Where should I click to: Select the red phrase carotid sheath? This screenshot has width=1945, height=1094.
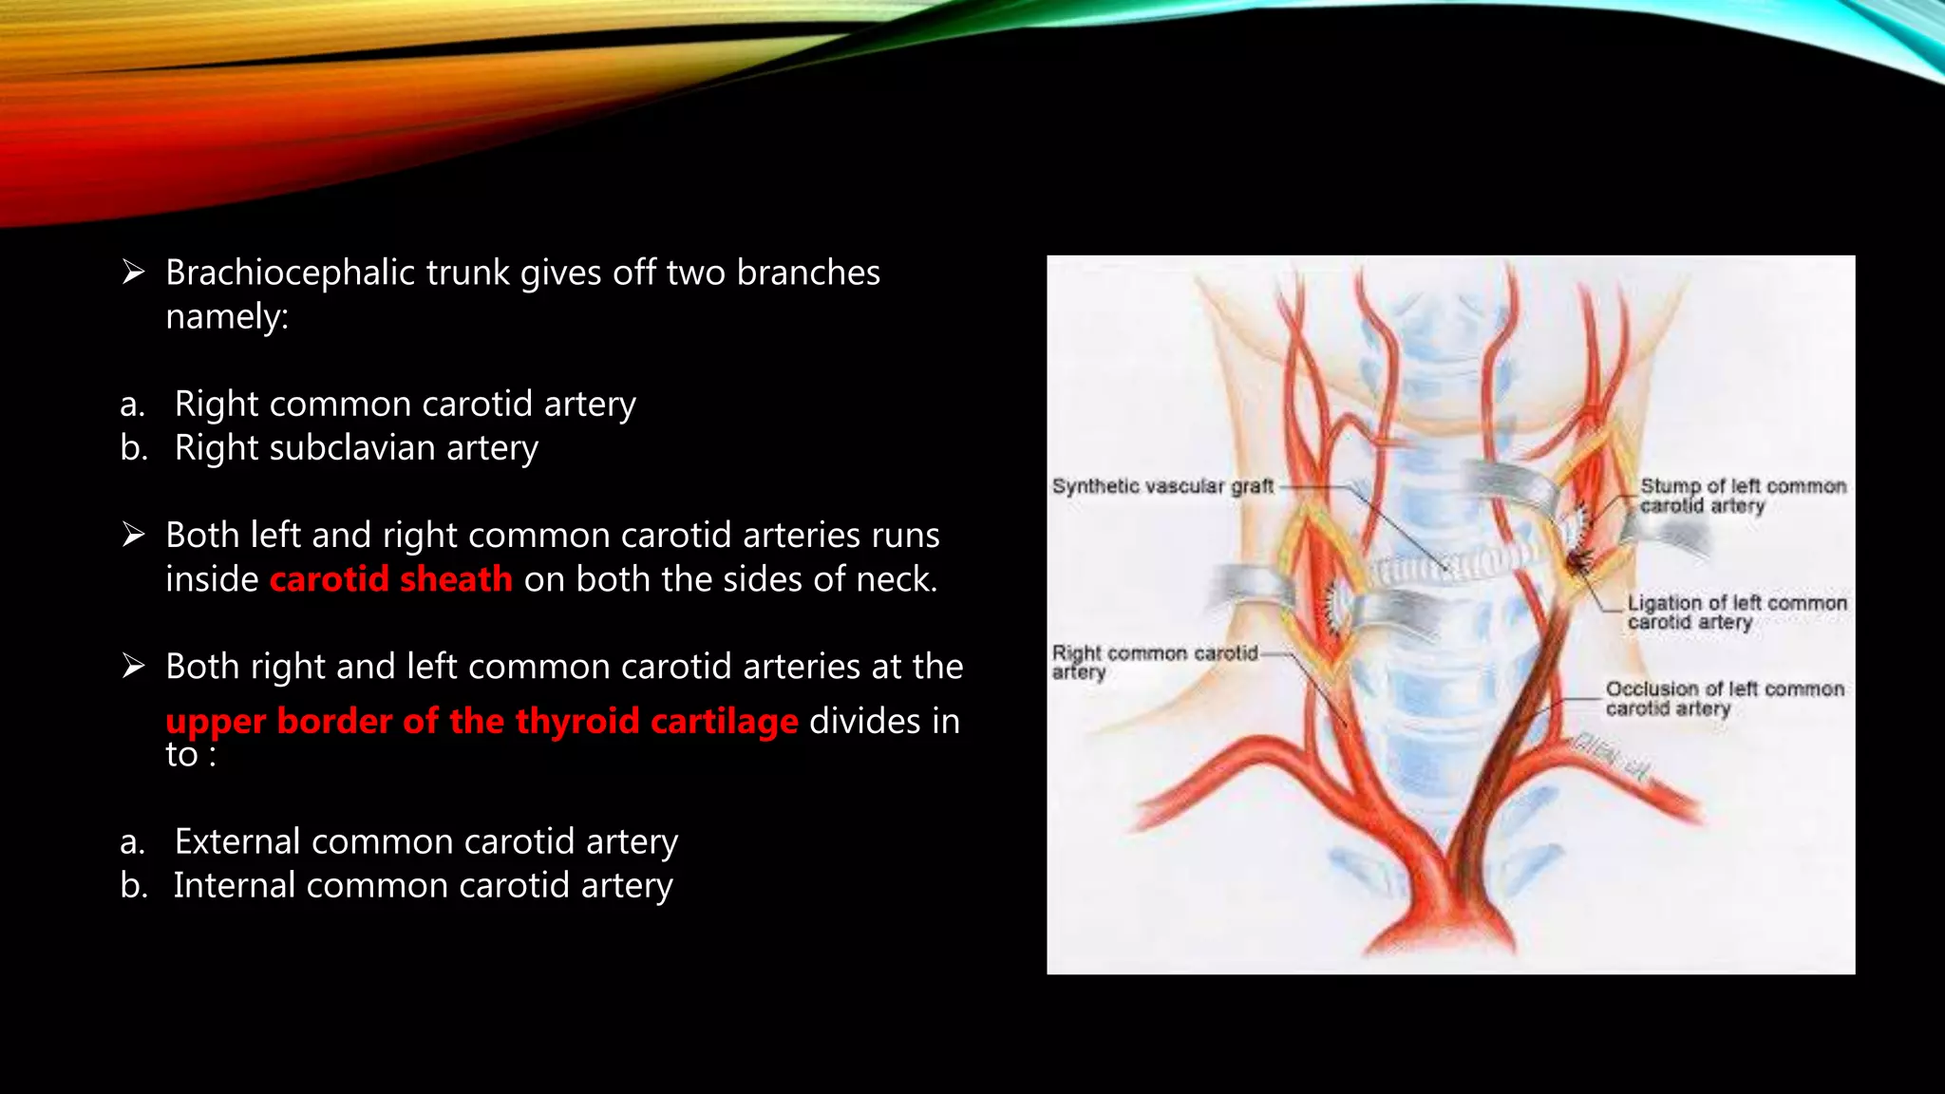coord(390,579)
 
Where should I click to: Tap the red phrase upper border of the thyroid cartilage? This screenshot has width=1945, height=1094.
coord(482,721)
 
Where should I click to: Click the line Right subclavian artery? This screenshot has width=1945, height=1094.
coord(356,448)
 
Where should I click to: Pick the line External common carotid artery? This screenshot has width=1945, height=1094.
coord(425,842)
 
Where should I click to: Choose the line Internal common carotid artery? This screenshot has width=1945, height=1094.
coord(423,886)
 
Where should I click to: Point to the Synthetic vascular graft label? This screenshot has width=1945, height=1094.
coord(1161,486)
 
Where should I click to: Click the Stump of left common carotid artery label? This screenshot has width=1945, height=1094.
coord(1742,496)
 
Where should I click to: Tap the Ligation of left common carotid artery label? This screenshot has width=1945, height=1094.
coord(1736,613)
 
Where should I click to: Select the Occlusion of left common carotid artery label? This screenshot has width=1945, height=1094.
coord(1724,698)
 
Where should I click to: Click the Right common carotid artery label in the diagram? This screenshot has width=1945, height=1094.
coord(1153,662)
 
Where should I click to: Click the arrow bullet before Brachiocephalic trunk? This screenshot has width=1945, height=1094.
coord(133,273)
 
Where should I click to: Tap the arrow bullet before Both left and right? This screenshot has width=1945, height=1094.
coord(133,536)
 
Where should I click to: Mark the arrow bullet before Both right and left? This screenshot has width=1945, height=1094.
coord(133,667)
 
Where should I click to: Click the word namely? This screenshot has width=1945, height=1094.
coord(226,317)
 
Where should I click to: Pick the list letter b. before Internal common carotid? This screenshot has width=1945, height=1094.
coord(133,886)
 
